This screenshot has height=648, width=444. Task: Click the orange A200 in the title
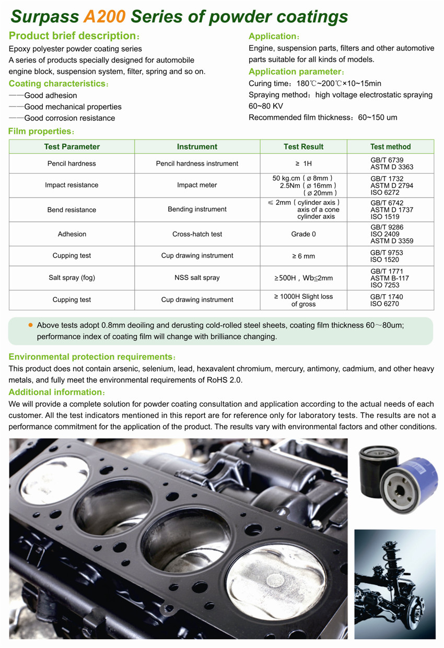pos(104,17)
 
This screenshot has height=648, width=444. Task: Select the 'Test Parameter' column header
pos(72,147)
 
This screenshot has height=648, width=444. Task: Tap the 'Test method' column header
pos(390,147)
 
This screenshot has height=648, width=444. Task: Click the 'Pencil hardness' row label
pos(72,164)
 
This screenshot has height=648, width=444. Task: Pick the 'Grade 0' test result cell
pos(303,234)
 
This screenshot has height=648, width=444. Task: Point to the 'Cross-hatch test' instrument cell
pos(197,234)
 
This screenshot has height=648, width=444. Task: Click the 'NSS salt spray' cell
pos(197,277)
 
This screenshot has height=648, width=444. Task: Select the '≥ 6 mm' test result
pos(303,256)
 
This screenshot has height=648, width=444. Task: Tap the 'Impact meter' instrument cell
pos(197,185)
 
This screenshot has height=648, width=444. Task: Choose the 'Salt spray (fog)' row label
pos(72,277)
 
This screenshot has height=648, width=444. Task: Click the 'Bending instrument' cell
pos(197,209)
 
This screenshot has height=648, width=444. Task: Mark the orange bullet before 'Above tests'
pos(30,325)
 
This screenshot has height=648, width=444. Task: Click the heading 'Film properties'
pos(40,131)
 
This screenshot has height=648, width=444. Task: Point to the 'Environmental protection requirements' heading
pos(91,357)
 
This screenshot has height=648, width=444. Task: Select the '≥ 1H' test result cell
pos(303,164)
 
